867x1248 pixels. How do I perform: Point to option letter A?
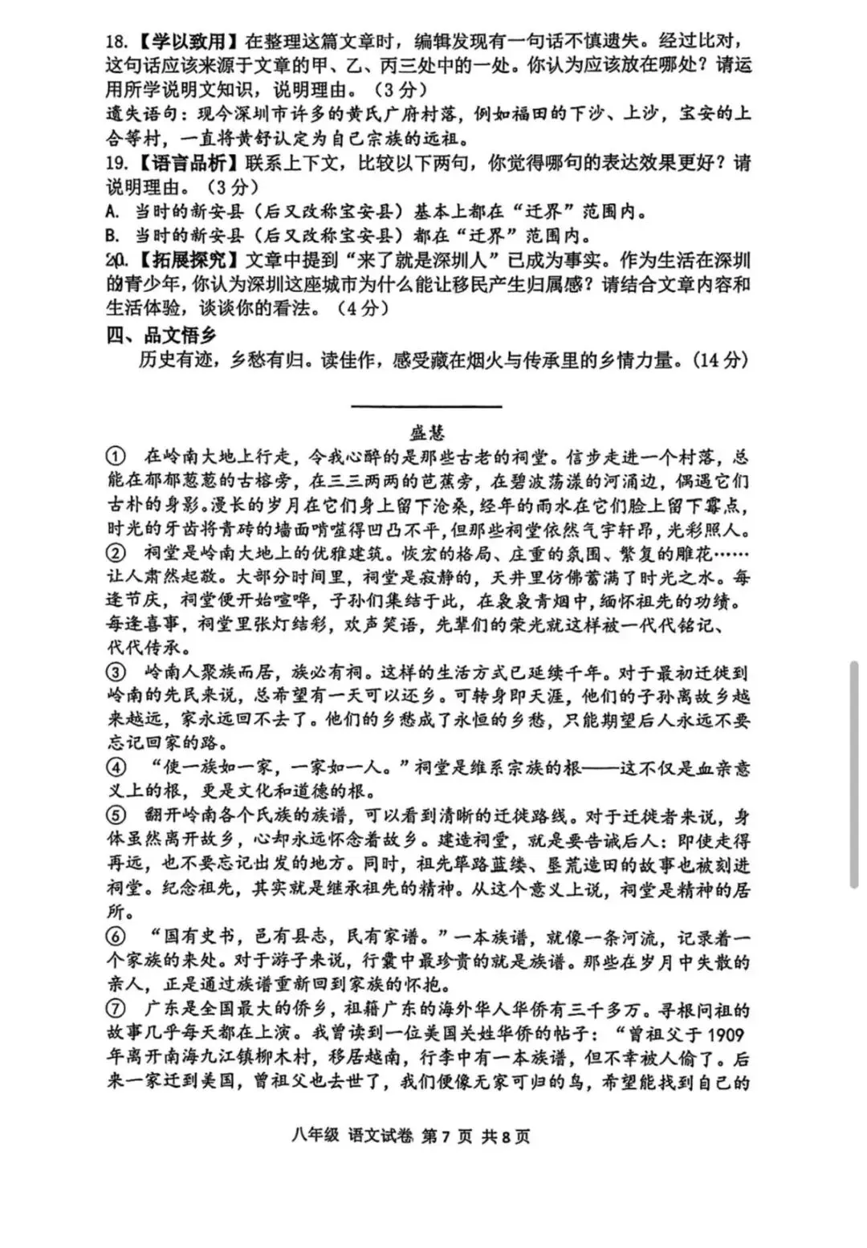[113, 212]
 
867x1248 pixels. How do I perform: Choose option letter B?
[113, 236]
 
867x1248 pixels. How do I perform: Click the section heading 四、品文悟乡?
[161, 335]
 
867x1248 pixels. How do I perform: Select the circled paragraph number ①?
[116, 457]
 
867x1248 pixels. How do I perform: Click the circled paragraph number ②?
[116, 553]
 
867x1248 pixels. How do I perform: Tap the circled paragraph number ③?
[116, 672]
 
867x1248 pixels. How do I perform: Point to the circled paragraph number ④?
[116, 767]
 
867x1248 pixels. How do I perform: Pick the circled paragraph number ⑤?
[116, 815]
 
